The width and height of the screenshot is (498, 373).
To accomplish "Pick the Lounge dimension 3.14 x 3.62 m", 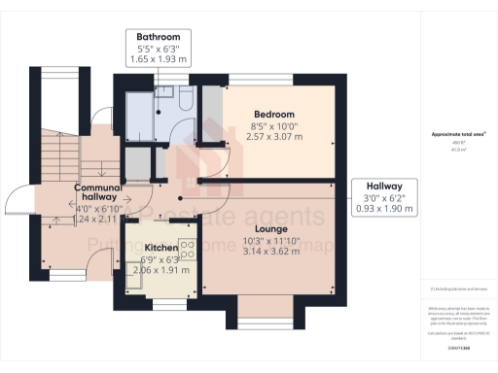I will pos(278,250).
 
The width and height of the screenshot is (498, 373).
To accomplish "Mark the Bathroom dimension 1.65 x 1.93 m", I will pos(160,60).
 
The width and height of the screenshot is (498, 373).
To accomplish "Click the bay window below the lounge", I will pos(258,317).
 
